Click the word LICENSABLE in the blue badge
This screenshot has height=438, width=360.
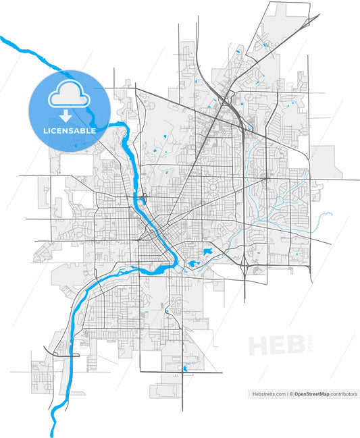(70, 130)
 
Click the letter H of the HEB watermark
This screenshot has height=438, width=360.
(259, 345)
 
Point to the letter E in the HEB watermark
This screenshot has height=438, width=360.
(277, 345)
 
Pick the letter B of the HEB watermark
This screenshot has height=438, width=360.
(294, 345)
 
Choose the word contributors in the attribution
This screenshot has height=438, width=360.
(344, 393)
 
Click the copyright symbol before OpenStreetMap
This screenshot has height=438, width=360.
(291, 393)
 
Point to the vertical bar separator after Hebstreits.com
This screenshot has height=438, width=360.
(287, 393)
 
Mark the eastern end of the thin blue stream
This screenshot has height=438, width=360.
(331, 215)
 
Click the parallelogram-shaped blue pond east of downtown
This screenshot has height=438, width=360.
(207, 252)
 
